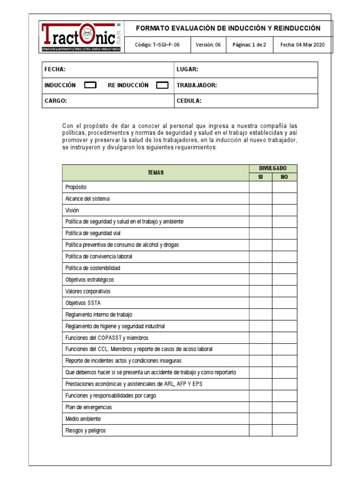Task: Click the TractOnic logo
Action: (x=81, y=37)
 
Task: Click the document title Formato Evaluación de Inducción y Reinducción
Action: (x=228, y=28)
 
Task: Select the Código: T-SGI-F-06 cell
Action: (x=157, y=45)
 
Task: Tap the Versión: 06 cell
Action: (x=208, y=45)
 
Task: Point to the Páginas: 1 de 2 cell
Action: (x=249, y=45)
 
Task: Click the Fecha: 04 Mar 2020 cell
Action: (x=302, y=45)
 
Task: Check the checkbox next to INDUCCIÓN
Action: (x=90, y=85)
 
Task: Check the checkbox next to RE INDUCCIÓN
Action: (x=162, y=85)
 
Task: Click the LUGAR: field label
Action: (x=187, y=69)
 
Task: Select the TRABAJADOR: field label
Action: (x=196, y=85)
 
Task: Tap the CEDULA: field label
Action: (x=189, y=101)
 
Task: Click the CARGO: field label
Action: (x=56, y=101)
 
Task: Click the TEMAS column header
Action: (x=156, y=172)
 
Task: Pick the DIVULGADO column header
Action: (x=272, y=168)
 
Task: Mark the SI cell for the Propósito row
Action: (x=260, y=187)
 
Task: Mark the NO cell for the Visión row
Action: (x=285, y=210)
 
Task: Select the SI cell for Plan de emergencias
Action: (x=260, y=407)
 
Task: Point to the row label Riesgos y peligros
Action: (x=86, y=430)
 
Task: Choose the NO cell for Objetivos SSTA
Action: (x=285, y=303)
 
